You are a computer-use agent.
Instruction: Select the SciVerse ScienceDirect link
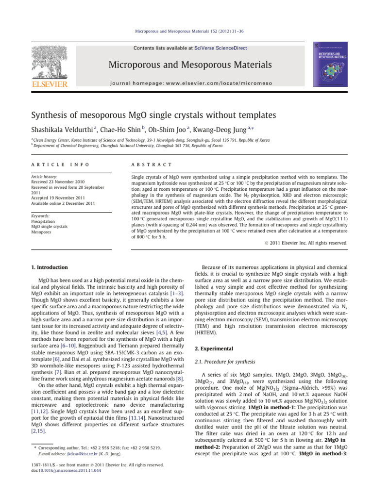pos(224,48)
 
